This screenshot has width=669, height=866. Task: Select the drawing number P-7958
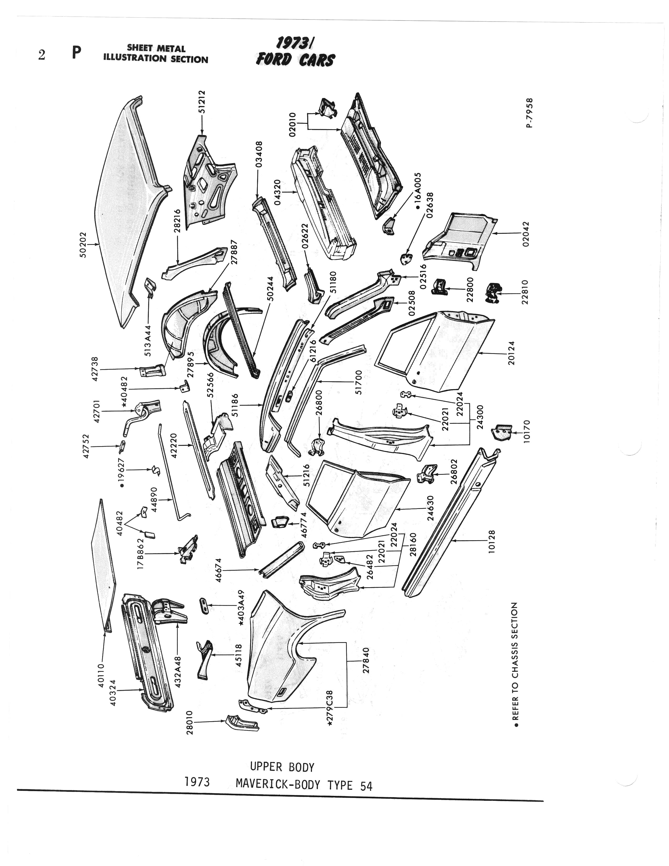click(x=530, y=113)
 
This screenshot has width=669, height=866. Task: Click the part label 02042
click(x=526, y=234)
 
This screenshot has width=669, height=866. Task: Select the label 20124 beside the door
click(x=512, y=353)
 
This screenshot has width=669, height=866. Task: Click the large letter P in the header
click(x=77, y=53)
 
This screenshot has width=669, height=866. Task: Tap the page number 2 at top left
click(x=41, y=55)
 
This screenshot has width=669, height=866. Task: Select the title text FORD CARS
click(x=295, y=60)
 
